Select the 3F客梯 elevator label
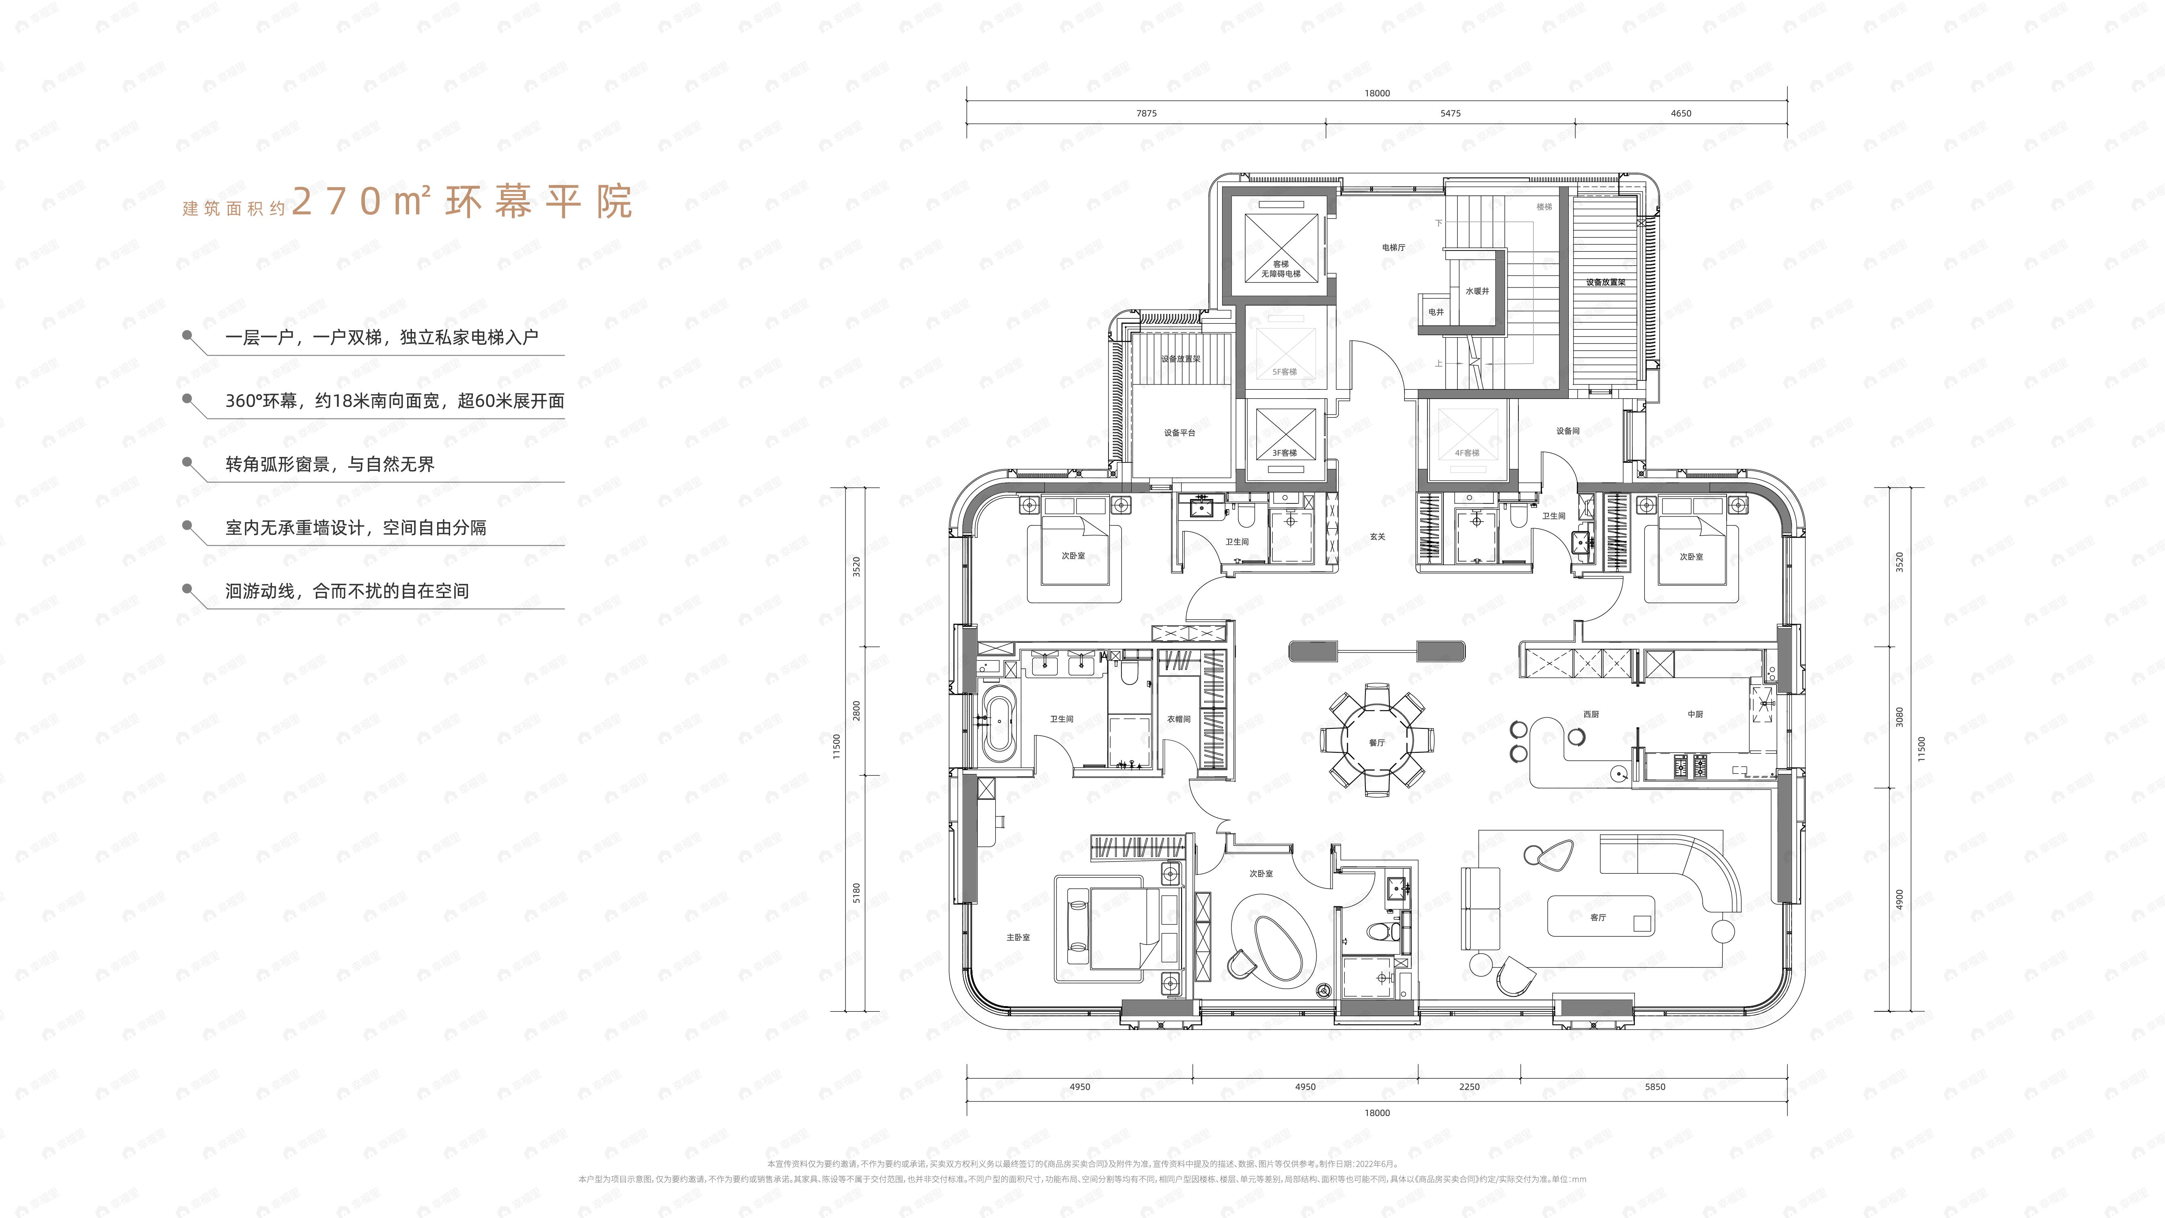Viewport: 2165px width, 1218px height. pos(1284,453)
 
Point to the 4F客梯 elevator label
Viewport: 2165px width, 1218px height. pos(1466,453)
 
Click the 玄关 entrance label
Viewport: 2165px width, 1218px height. pos(1377,536)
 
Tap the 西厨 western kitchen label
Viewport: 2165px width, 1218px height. pos(1591,715)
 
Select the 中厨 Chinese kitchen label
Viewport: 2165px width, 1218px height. pos(1695,715)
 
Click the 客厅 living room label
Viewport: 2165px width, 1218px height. pos(1598,917)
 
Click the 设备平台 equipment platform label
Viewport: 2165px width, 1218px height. pos(1179,433)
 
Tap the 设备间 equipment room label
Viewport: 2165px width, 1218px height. pos(1568,431)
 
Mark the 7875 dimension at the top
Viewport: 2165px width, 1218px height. pos(1146,114)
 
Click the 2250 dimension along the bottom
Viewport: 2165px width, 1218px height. pos(1469,1087)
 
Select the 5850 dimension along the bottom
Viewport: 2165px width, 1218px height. pos(1655,1087)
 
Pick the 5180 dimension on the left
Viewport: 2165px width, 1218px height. pos(856,893)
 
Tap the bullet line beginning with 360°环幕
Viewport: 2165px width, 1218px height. pos(394,401)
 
